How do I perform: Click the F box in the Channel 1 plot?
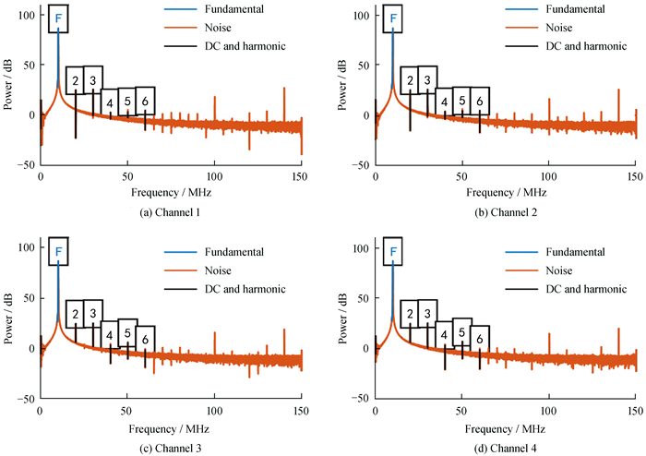[x=58, y=18]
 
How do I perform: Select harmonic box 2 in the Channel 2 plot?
[x=410, y=81]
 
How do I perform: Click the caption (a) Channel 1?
[x=171, y=213]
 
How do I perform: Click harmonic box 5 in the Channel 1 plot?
[x=127, y=99]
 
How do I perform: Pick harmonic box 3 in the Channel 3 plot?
[x=92, y=312]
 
